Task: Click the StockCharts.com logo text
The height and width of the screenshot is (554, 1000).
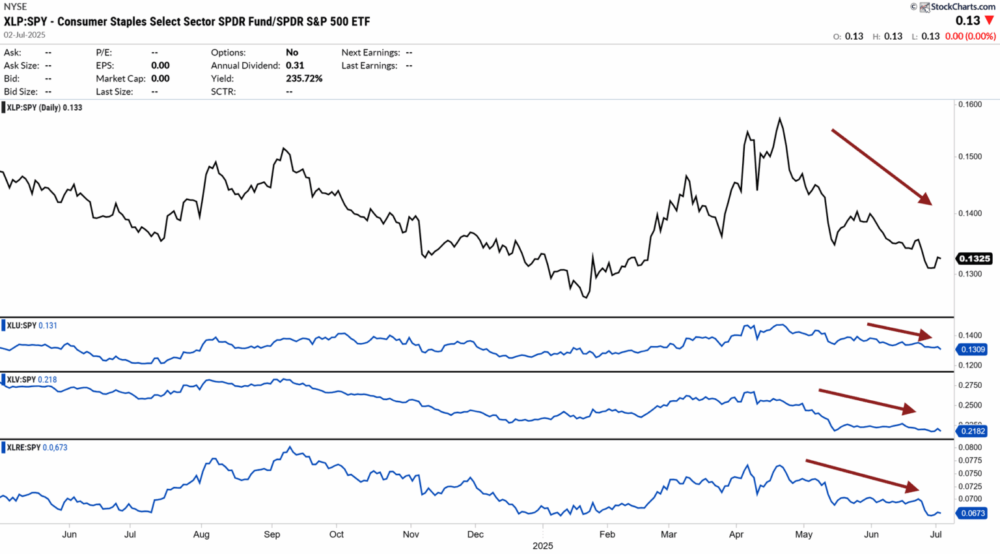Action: tap(962, 7)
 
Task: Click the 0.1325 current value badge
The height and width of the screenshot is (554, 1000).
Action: tap(974, 259)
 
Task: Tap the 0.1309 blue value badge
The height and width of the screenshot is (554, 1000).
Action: tap(973, 349)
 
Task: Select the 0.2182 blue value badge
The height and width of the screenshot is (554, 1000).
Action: tap(973, 431)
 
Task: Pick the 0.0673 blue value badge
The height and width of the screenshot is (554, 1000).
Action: tap(973, 513)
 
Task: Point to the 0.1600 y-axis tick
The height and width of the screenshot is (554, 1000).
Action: tap(970, 104)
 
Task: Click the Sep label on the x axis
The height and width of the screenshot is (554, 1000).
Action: tap(271, 534)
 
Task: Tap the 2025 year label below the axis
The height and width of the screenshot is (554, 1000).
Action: tap(542, 546)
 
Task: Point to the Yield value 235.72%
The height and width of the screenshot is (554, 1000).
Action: tap(304, 78)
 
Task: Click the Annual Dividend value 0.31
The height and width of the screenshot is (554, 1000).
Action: tap(295, 65)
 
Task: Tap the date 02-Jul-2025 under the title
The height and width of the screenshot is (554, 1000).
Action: tap(25, 35)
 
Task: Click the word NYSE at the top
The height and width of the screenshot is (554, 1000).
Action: tap(16, 7)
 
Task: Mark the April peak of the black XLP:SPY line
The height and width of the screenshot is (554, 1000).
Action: tap(779, 119)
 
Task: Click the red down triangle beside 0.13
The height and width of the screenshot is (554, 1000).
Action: tap(990, 21)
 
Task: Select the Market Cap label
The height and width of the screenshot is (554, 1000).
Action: tap(120, 78)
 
